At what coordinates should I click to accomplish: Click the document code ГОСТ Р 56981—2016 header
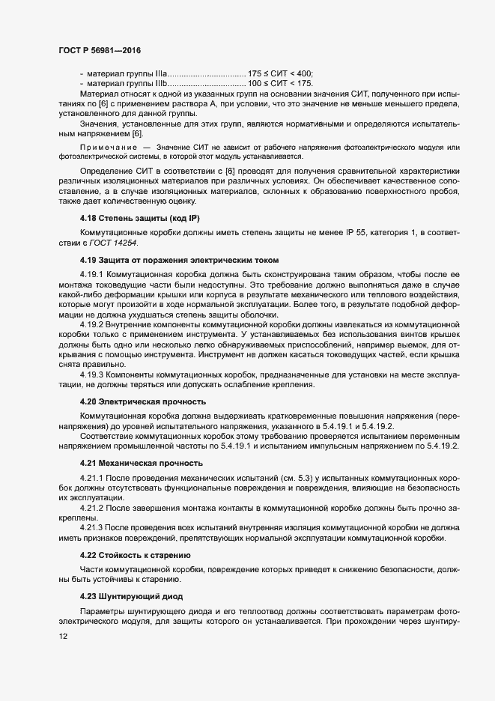click(x=99, y=49)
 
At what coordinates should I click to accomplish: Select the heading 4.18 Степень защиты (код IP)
click(x=140, y=218)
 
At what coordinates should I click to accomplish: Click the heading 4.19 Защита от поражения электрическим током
click(x=179, y=261)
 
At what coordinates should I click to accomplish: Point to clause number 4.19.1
click(x=93, y=274)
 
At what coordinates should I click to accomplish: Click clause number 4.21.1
click(x=93, y=476)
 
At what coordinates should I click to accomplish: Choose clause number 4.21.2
click(x=93, y=508)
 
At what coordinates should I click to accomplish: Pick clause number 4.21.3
click(x=93, y=527)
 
